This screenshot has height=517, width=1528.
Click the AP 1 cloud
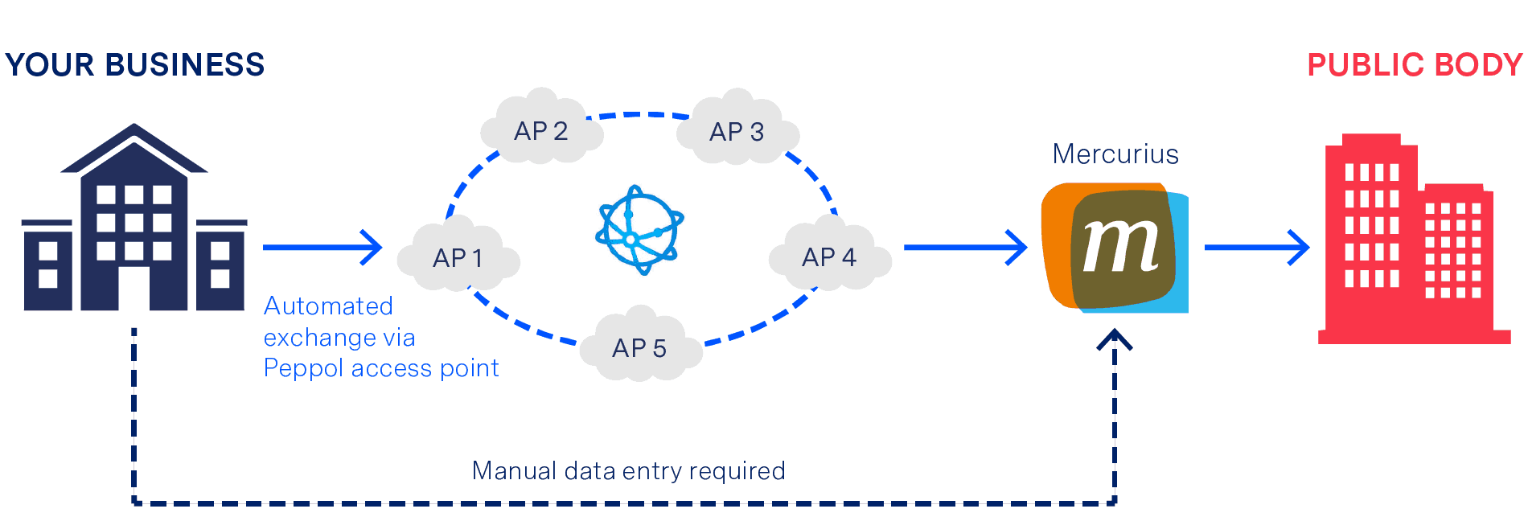pos(458,257)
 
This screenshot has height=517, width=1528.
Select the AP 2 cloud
pos(541,130)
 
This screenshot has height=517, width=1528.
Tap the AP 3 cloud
pos(737,131)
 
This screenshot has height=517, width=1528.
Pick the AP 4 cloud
pos(829,256)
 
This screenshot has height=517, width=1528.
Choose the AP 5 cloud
pos(640,347)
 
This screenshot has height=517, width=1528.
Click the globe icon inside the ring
pos(639,230)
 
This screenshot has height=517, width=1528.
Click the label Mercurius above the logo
pos(1115,154)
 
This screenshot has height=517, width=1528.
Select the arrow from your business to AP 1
pos(322,247)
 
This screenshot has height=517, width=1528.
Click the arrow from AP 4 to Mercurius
pos(964,247)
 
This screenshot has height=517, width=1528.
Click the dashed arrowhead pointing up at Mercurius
pos(1115,339)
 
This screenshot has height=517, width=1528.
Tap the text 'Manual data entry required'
pos(628,470)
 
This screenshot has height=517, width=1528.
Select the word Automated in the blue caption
pos(328,306)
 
